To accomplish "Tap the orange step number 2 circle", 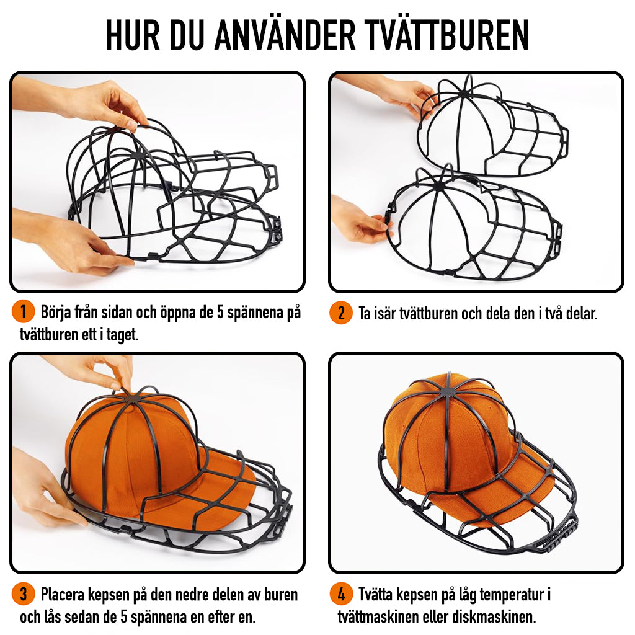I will tap(341, 313).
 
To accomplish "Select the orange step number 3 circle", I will tap(23, 595).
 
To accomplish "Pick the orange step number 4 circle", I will tap(341, 595).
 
